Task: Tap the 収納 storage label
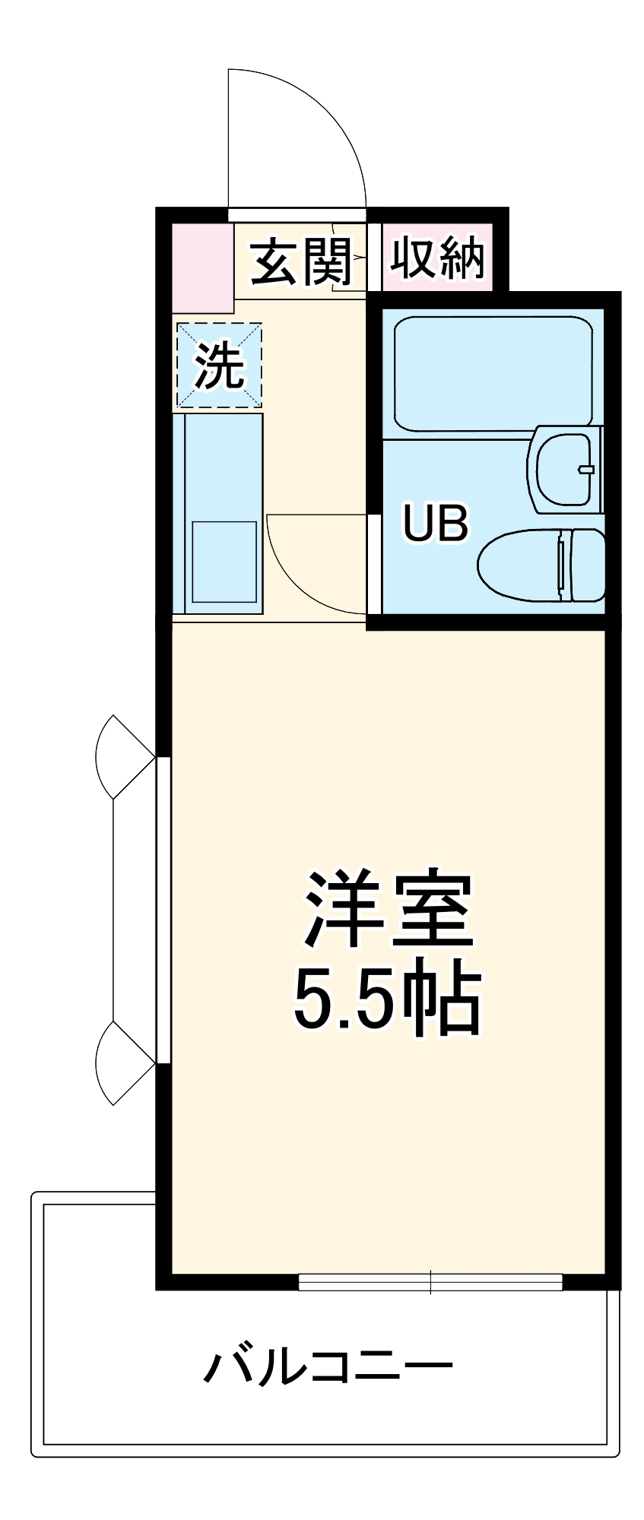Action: pos(437,258)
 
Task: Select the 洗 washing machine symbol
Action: pos(219,365)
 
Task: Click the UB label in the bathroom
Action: pos(436,523)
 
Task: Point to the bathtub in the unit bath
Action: pos(493,373)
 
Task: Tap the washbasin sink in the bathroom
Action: pos(563,469)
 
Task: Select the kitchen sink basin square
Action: pos(224,562)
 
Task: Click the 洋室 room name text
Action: pos(388,910)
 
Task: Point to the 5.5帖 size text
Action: pos(388,998)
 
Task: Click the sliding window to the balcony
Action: pos(430,1282)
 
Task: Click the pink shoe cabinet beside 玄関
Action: pos(202,268)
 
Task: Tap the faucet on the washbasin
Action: pos(585,469)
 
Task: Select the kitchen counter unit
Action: pos(217,513)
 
